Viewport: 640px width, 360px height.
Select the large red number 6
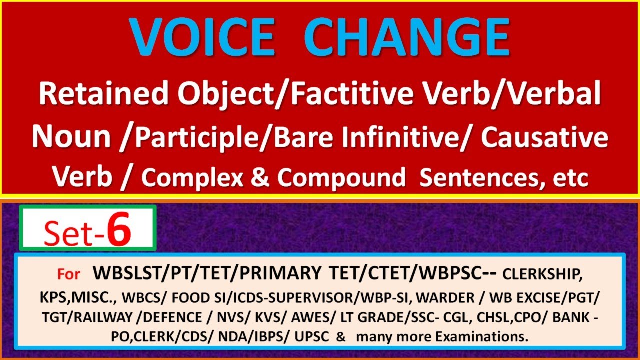pos(119,231)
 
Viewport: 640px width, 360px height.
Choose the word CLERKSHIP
pos(542,275)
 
